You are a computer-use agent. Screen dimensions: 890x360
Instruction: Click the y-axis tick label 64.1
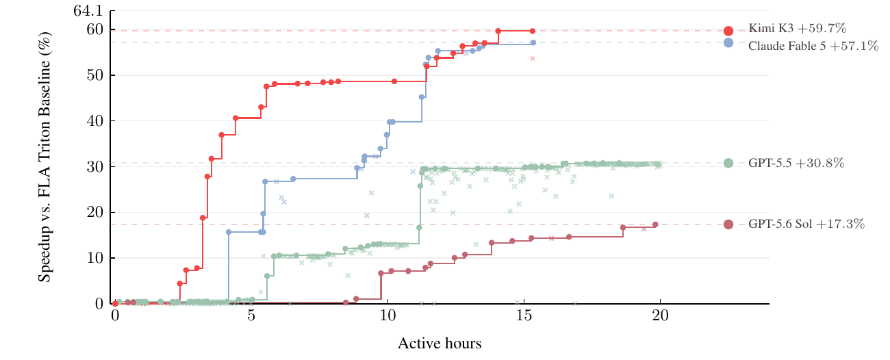coord(88,11)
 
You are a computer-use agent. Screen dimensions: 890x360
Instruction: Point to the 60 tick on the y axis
coord(95,29)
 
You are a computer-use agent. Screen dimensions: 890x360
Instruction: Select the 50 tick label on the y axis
coord(95,75)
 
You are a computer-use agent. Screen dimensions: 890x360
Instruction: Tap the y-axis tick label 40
coord(95,120)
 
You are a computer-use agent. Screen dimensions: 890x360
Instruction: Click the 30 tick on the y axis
coord(95,166)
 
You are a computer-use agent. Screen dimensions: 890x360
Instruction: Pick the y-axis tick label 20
coord(95,212)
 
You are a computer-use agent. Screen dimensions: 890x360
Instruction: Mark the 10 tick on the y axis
coord(95,258)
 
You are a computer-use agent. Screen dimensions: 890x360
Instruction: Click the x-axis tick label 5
coord(251,316)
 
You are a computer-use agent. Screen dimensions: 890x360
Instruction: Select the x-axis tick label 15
coord(524,316)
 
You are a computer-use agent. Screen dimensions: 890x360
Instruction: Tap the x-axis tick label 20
coord(660,316)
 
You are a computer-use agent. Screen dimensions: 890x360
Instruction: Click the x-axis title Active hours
coord(440,344)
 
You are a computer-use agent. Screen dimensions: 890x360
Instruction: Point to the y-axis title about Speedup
coord(44,157)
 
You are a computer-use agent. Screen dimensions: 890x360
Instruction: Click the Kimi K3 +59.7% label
coord(797,28)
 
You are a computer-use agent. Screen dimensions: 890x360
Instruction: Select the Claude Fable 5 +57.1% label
coord(813,46)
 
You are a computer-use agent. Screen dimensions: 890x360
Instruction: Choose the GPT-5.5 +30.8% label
coord(796,163)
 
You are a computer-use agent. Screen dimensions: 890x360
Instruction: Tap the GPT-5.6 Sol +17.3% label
coord(806,224)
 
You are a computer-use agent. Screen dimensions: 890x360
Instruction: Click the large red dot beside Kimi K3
coord(728,31)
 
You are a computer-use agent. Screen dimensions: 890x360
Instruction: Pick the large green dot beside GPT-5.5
coord(728,163)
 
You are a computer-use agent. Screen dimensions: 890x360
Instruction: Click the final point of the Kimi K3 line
coord(533,31)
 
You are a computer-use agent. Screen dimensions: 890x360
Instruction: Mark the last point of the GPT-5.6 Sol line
coord(655,224)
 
